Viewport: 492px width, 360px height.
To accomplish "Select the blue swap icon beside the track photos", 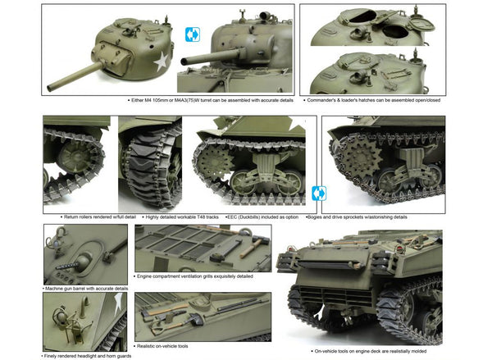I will [x=320, y=194].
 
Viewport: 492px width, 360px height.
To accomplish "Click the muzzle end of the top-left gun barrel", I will [x=50, y=88].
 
